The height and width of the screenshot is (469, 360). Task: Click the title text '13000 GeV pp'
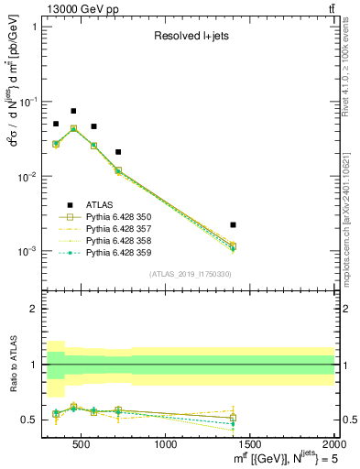pyautogui.click(x=77, y=9)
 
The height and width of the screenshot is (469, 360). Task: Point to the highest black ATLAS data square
pyautogui.click(x=73, y=111)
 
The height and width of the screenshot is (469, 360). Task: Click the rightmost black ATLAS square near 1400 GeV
pyautogui.click(x=233, y=224)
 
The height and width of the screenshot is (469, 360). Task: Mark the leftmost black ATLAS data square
pyautogui.click(x=56, y=124)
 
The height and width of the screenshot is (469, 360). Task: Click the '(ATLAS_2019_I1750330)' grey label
pyautogui.click(x=189, y=274)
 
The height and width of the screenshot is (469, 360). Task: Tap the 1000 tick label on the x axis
pyautogui.click(x=166, y=445)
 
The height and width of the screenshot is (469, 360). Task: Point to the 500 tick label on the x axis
pyautogui.click(x=82, y=445)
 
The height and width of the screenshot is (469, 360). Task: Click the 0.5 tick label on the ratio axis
pyautogui.click(x=31, y=420)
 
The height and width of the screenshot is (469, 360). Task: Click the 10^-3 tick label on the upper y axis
pyautogui.click(x=27, y=251)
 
